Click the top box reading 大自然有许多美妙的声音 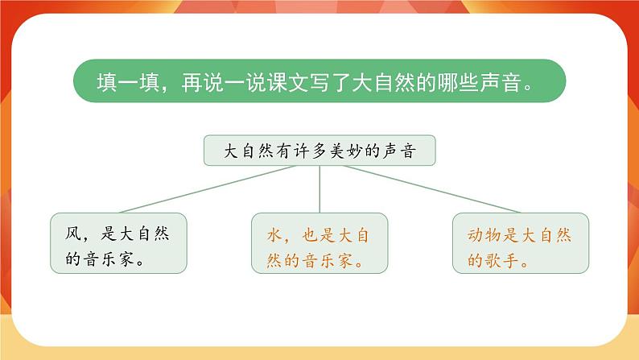(319, 150)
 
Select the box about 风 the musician (118, 242)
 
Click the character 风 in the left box (72, 234)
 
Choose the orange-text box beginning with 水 (319, 242)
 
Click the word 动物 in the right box (486, 234)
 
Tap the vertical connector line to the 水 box (320, 189)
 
